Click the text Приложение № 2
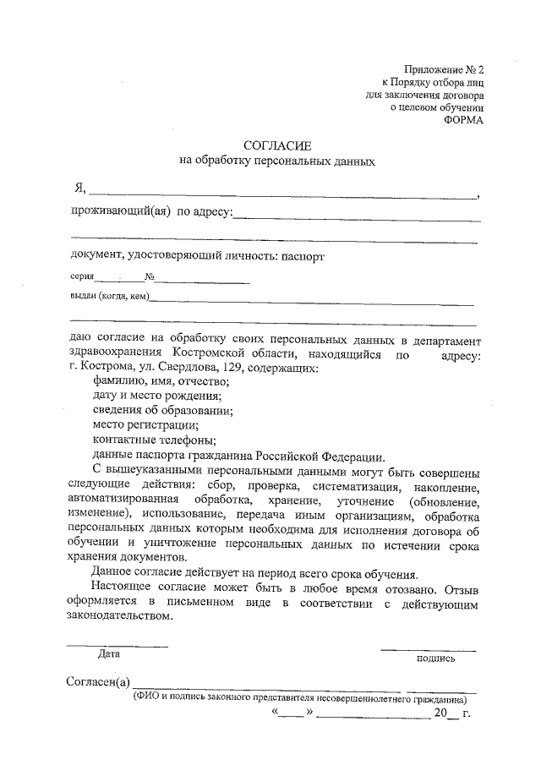pyautogui.click(x=446, y=70)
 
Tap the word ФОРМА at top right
pyautogui.click(x=465, y=119)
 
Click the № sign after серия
pyautogui.click(x=149, y=276)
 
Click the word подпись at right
pyautogui.click(x=435, y=658)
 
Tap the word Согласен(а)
pyautogui.click(x=99, y=683)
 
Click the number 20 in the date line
pyautogui.click(x=440, y=715)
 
